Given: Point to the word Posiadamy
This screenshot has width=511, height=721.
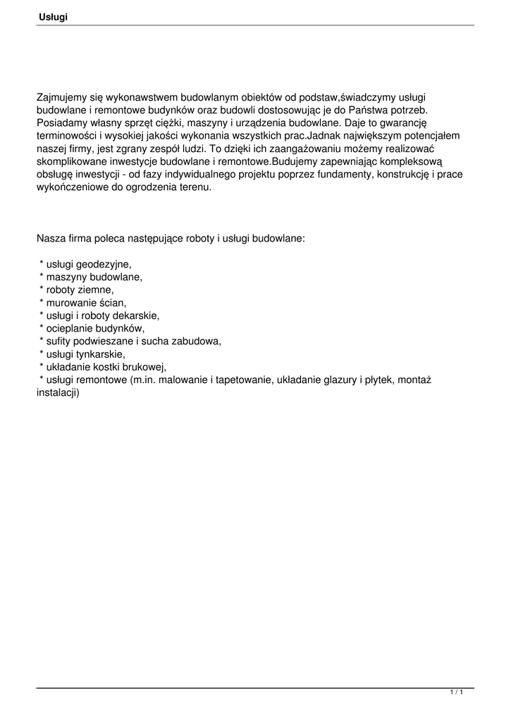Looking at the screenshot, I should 62,124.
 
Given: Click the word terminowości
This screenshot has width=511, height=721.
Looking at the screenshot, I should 66,137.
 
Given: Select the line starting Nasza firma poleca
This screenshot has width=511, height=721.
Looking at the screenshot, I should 171,239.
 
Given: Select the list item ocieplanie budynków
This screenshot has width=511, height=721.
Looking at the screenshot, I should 94,328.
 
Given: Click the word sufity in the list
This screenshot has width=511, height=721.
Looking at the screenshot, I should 59,341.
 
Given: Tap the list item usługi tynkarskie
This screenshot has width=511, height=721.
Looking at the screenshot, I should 85,353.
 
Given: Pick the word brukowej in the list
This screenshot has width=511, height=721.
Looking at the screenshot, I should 144,367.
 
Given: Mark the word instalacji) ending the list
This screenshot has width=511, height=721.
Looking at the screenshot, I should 58,392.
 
